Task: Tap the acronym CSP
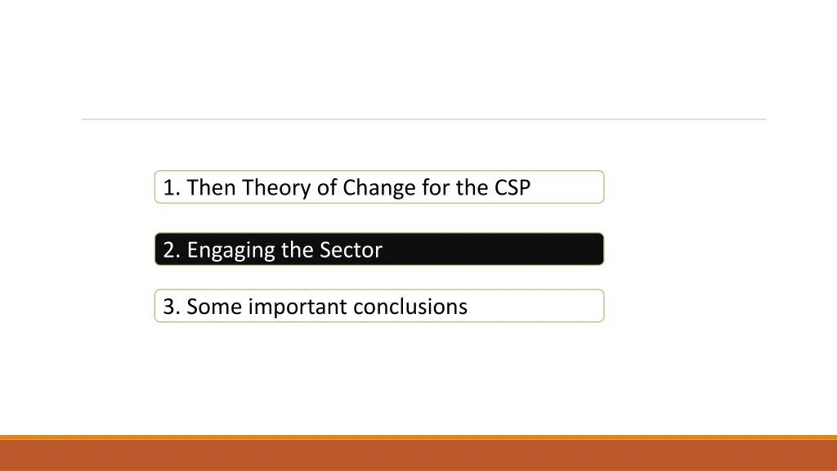point(512,188)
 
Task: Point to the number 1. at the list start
point(171,188)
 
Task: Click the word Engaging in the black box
point(231,250)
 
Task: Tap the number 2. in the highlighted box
point(171,250)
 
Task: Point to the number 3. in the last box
point(171,307)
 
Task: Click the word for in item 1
point(436,188)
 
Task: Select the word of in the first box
point(327,188)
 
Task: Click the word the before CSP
point(472,188)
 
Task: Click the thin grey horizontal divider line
point(423,119)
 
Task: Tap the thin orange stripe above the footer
point(418,437)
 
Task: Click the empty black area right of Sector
point(490,249)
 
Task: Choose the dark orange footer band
point(418,456)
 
